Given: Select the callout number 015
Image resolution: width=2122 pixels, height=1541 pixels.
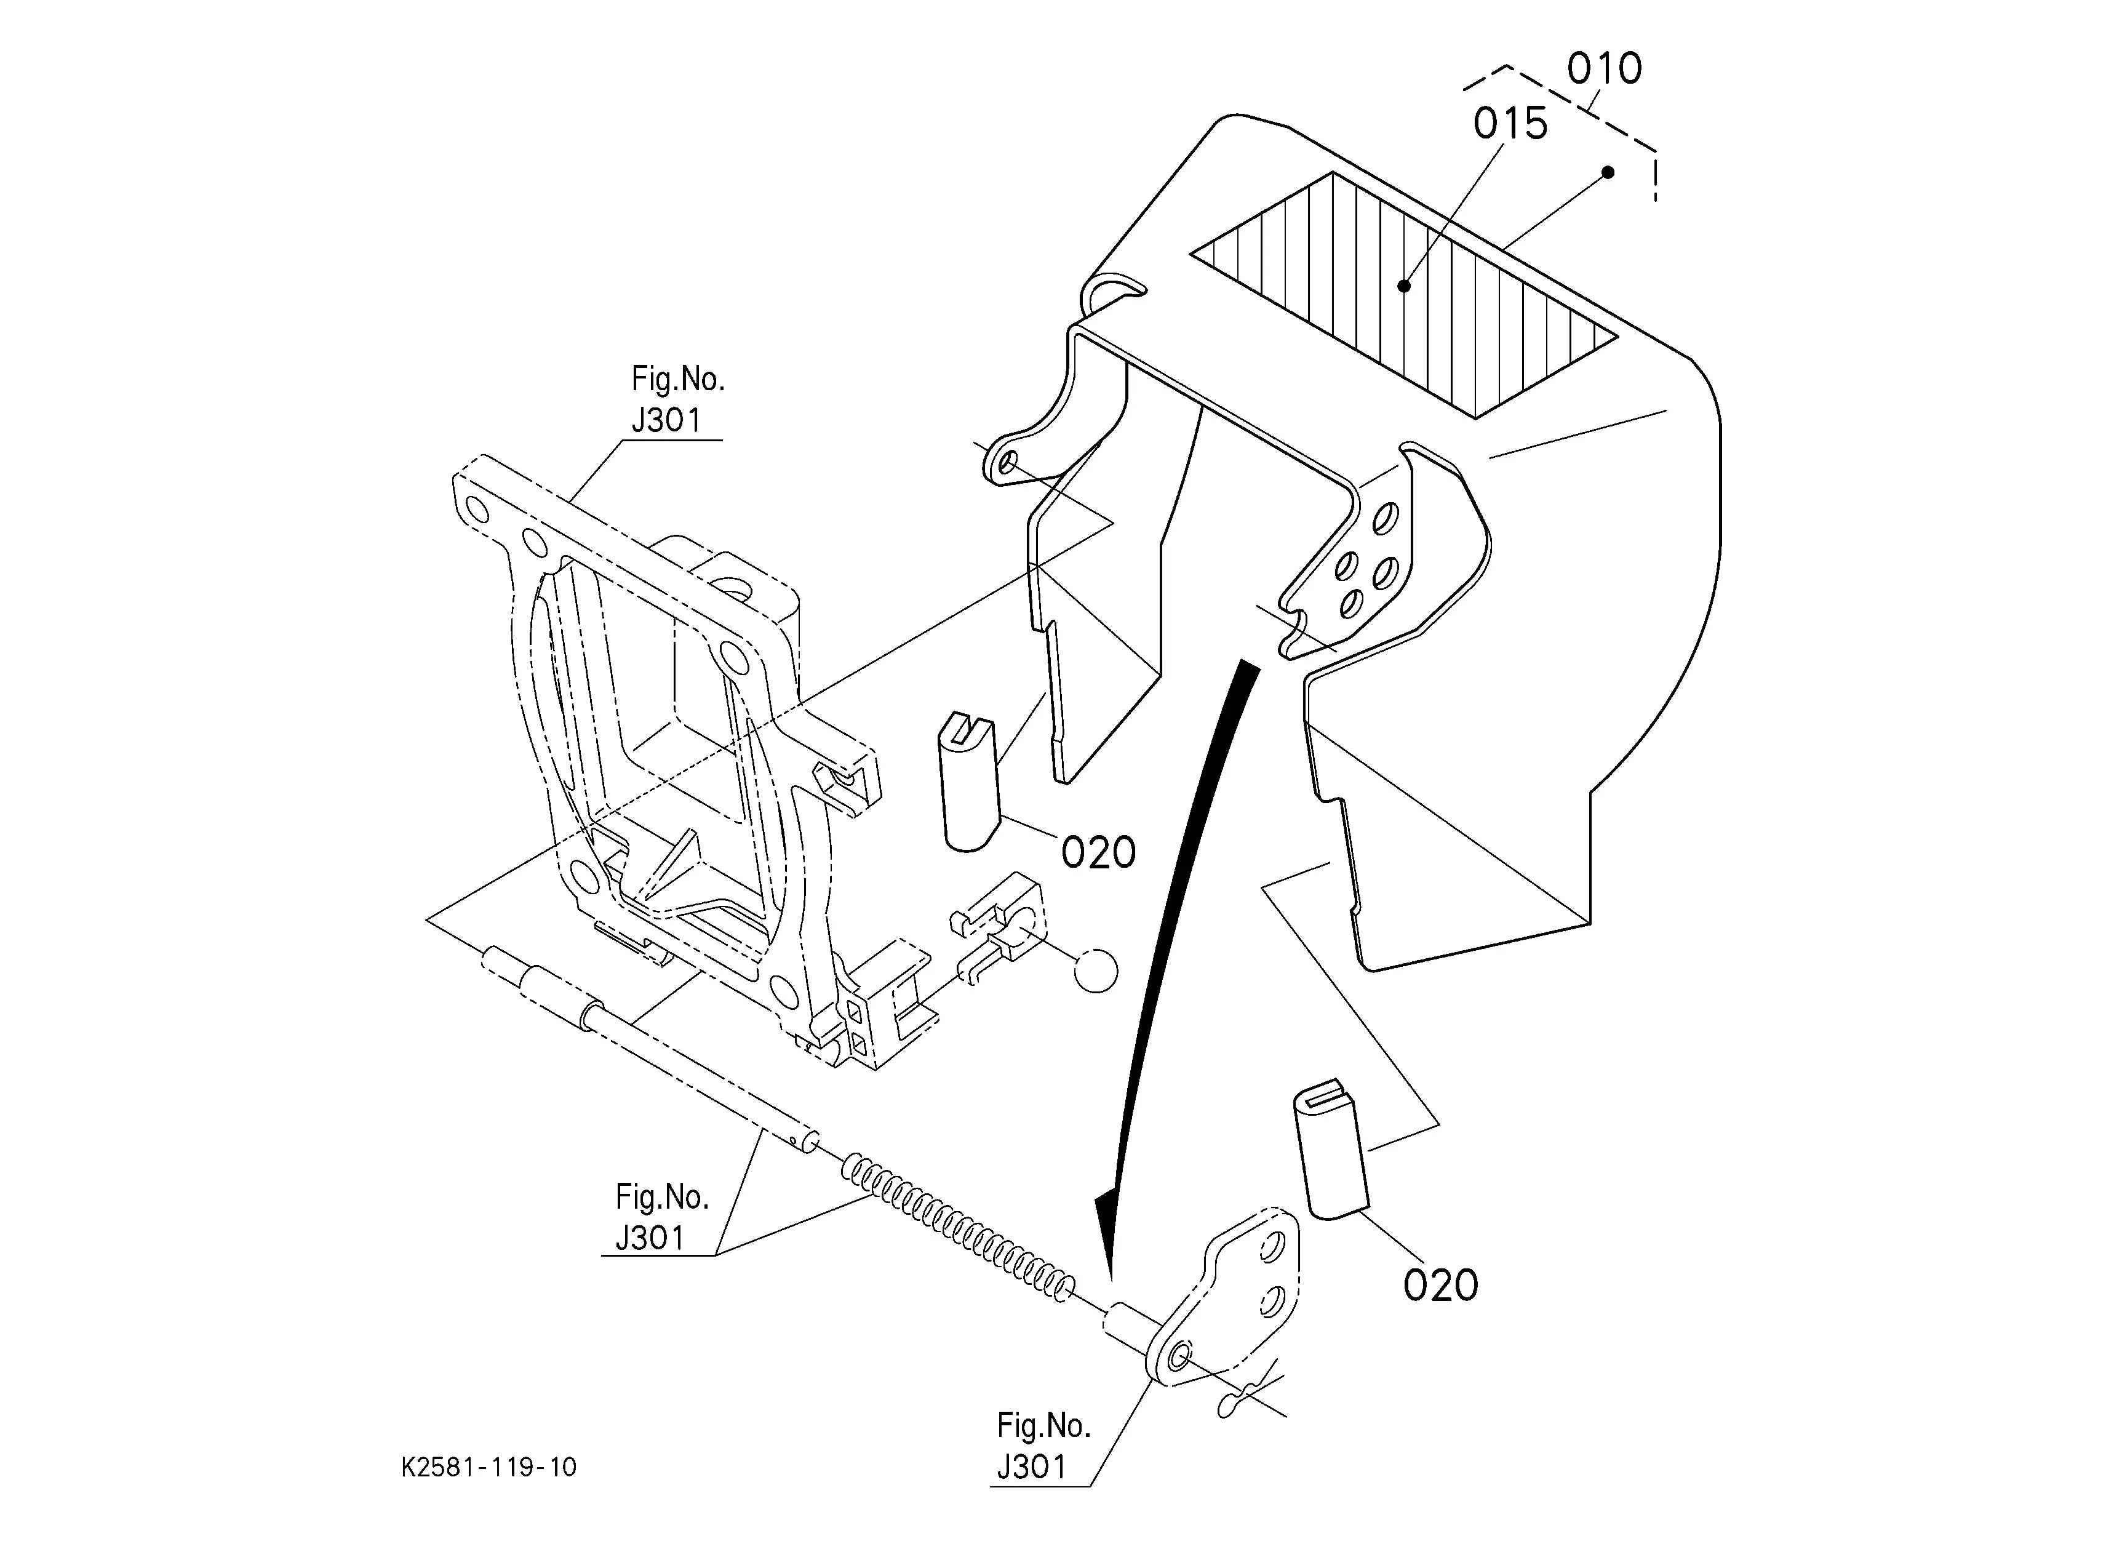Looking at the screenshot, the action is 1510,124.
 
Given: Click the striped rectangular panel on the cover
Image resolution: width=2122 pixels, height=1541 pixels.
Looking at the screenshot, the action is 1403,295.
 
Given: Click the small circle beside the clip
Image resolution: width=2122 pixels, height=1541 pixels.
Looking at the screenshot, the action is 1096,971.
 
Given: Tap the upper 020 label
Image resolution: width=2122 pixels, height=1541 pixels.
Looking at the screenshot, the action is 1098,852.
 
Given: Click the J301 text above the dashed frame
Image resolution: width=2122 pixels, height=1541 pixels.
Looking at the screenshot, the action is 666,421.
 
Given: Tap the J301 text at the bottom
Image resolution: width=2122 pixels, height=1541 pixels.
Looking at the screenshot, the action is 1031,1467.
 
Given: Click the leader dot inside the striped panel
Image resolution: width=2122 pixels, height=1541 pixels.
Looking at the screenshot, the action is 1403,286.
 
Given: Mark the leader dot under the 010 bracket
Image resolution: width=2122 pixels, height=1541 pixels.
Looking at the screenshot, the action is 1608,172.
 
